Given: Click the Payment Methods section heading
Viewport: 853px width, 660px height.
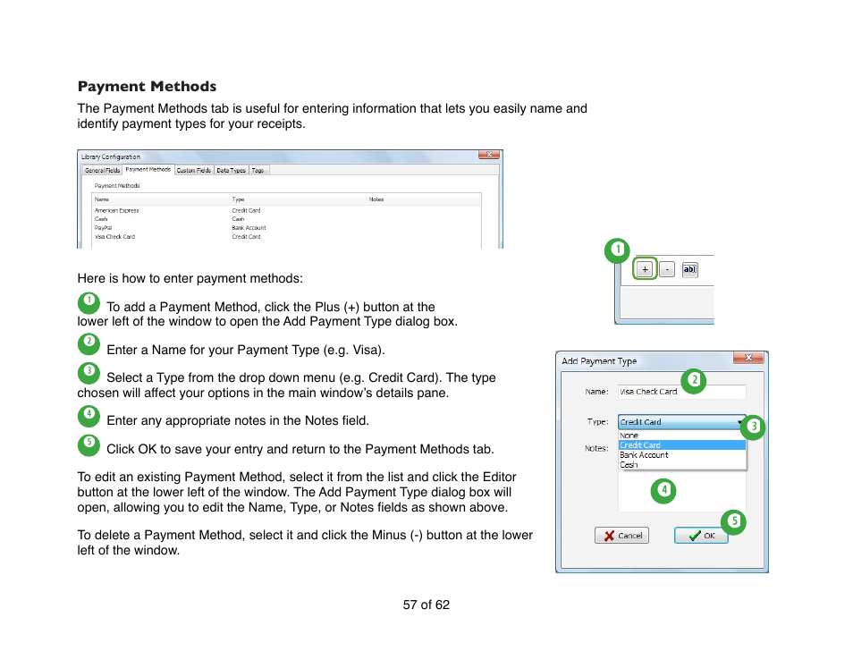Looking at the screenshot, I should coord(147,87).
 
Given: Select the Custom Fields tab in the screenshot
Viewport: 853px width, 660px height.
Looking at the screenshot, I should coord(193,170).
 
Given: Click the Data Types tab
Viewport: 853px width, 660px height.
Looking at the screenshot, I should coord(231,170).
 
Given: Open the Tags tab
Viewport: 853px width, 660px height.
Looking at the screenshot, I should coord(258,170).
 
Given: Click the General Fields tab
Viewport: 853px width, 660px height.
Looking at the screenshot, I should coord(102,170).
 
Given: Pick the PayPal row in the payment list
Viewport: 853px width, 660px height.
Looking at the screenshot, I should coord(104,228).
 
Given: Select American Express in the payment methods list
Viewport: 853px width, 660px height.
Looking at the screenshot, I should coord(117,211).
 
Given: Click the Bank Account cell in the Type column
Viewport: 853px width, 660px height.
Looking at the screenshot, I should coord(249,228).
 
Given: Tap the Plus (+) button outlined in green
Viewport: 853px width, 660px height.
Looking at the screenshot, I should coord(645,268).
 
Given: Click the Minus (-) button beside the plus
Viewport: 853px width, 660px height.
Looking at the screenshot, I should coord(666,268).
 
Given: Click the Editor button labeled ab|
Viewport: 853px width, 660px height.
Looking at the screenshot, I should coord(689,268).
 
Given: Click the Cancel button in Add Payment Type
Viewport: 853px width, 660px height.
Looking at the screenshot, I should coord(621,536).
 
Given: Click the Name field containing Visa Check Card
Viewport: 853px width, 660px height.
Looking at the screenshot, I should coord(681,392).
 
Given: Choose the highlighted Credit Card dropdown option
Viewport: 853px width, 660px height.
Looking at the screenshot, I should coord(681,444).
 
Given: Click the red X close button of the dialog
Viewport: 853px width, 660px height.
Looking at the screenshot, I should coord(747,359).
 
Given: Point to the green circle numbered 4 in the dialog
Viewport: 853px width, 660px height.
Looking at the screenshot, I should coord(663,490).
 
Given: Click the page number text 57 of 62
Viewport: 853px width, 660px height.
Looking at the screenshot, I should coord(426,605).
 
